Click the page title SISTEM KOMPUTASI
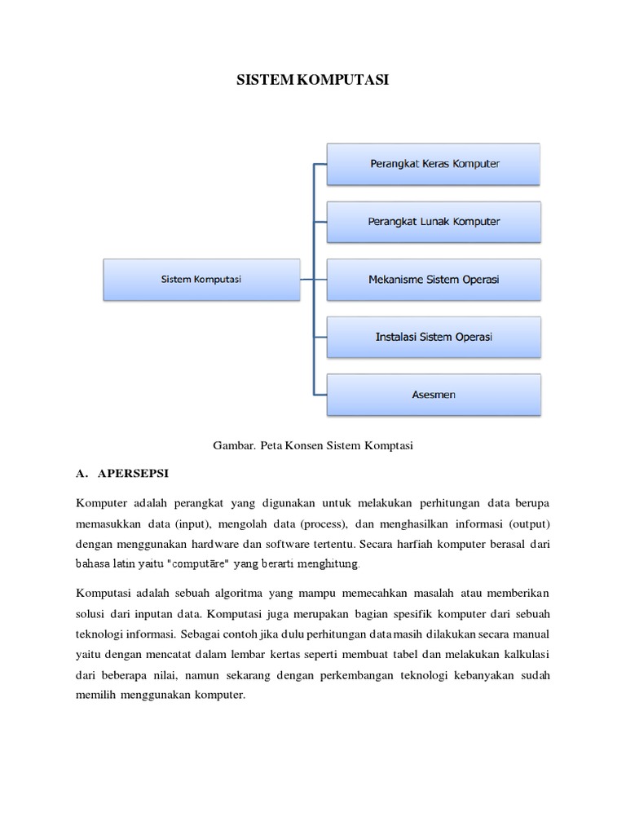(x=313, y=81)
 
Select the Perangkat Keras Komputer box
(x=434, y=164)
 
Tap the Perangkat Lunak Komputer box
(x=434, y=222)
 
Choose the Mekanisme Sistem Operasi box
(x=434, y=279)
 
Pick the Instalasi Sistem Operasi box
(x=434, y=337)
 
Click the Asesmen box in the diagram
(x=434, y=395)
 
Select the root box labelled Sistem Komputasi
(x=201, y=279)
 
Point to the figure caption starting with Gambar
(x=313, y=445)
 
